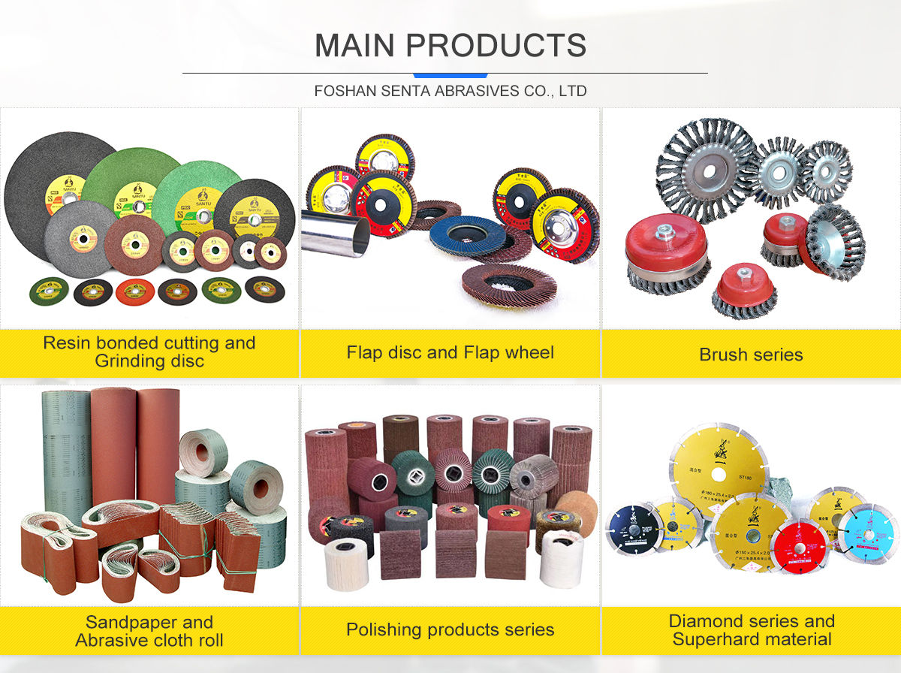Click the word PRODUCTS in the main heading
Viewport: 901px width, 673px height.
pyautogui.click(x=507, y=46)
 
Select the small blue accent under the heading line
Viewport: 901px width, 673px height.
pyautogui.click(x=450, y=75)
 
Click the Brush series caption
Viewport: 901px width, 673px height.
pyautogui.click(x=751, y=355)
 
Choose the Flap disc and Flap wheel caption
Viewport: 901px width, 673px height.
pyautogui.click(x=450, y=352)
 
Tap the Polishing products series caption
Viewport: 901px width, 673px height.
pyautogui.click(x=450, y=629)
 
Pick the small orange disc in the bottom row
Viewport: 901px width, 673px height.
pyautogui.click(x=136, y=290)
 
